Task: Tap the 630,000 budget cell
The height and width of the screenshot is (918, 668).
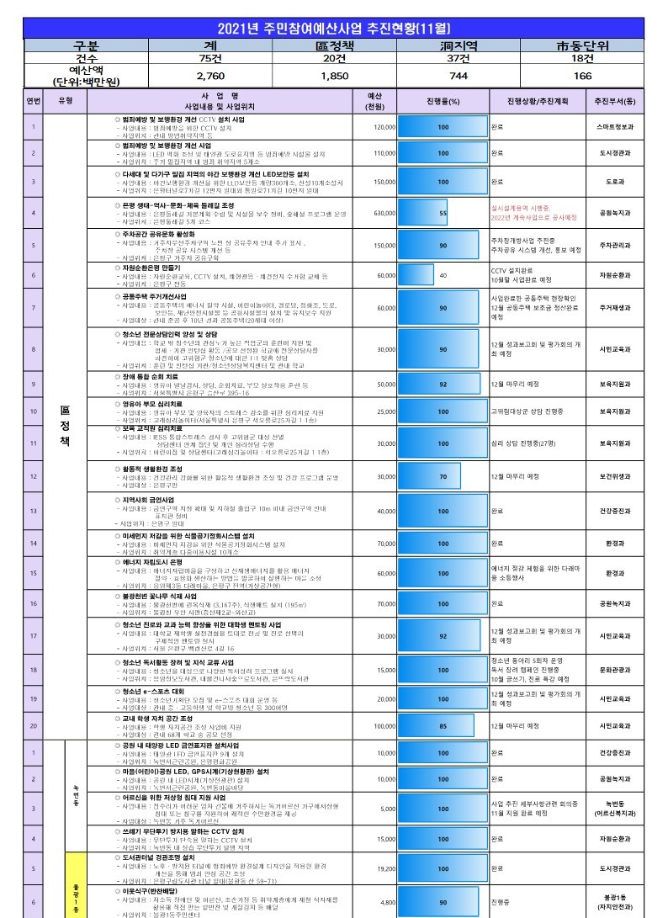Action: pyautogui.click(x=384, y=213)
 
